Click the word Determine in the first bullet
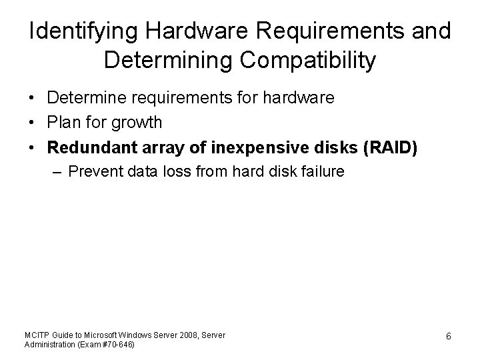coord(84,99)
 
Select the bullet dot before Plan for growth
coord(32,123)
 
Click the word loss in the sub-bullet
coord(174,172)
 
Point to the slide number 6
coord(449,337)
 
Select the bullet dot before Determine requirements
coord(32,99)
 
